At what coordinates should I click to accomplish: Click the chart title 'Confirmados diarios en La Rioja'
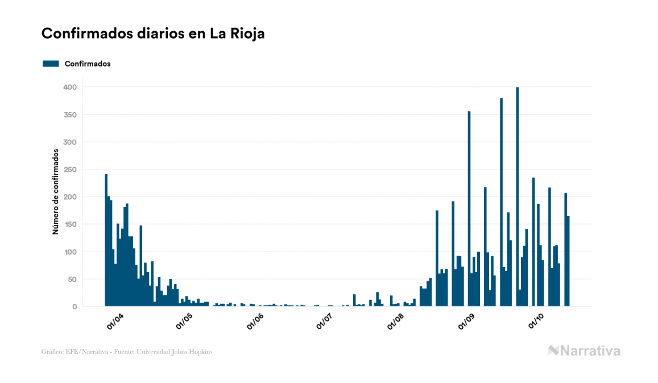click(x=153, y=34)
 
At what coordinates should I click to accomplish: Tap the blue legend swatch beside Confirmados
click(x=51, y=64)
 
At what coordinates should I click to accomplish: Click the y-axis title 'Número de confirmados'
click(x=56, y=191)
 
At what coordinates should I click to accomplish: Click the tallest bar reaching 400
click(x=517, y=197)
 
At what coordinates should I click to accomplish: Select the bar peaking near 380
click(x=501, y=202)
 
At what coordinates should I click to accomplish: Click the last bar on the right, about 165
click(x=568, y=261)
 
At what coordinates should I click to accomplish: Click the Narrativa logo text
click(x=590, y=351)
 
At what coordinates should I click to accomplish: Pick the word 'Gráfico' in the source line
click(x=52, y=352)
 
